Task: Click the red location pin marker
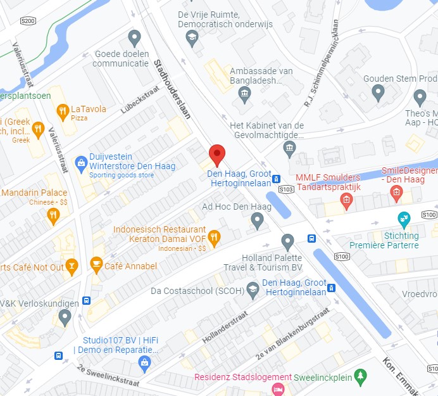pos(217,154)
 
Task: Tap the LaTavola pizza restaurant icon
pos(62,113)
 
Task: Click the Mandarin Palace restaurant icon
pos(54,216)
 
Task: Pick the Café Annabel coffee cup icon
pos(96,265)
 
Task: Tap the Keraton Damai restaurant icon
pos(215,238)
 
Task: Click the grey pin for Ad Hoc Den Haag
pos(257,220)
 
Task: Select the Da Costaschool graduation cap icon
pos(253,291)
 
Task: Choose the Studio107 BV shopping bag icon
pos(144,362)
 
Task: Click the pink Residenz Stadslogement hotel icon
pos(277,388)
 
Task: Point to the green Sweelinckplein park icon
pos(360,377)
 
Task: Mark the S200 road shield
pos(28,21)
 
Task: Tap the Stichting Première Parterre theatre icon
pos(404,220)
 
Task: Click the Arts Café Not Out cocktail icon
pos(72,267)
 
